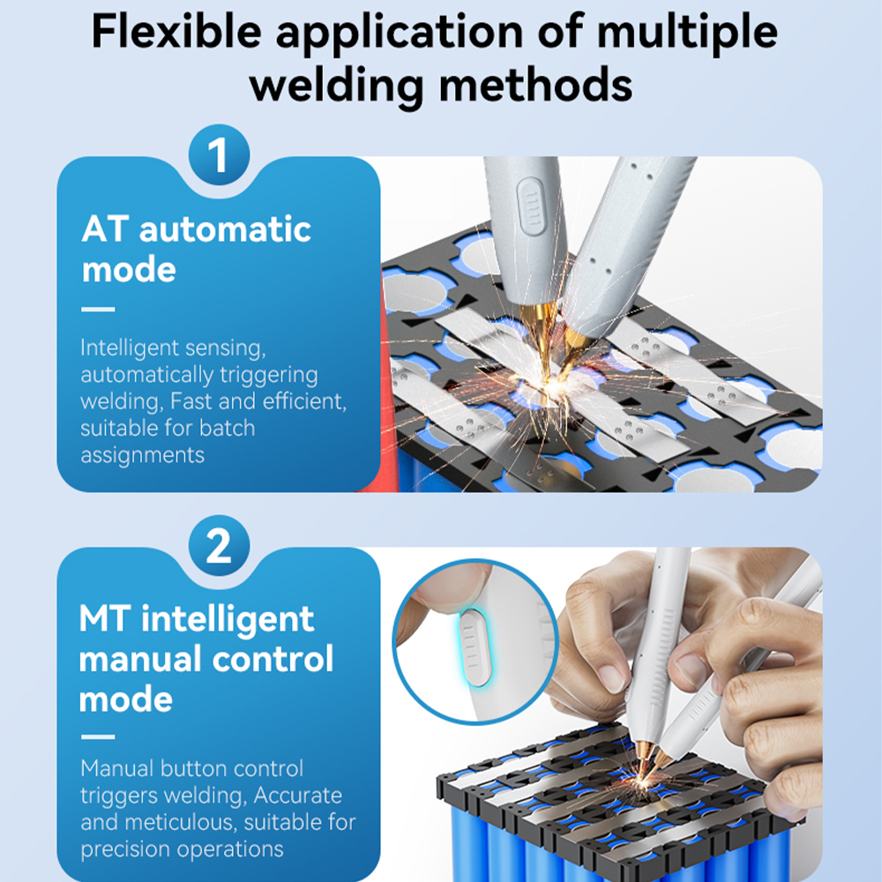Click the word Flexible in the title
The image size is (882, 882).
coord(176,32)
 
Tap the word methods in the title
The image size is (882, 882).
coord(535,86)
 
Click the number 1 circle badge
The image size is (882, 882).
coord(219,154)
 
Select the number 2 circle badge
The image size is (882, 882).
coord(219,545)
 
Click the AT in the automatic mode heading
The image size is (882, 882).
coord(105,229)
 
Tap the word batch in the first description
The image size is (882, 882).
coord(227,428)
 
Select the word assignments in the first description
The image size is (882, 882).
coord(142,456)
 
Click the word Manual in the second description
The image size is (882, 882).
coord(117,768)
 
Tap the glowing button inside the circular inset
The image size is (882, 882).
coord(475,648)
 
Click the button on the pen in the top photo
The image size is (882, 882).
coord(530,206)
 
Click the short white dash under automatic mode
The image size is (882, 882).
coord(98,310)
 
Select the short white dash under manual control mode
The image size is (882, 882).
coord(98,736)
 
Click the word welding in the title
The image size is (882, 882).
coord(336,86)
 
